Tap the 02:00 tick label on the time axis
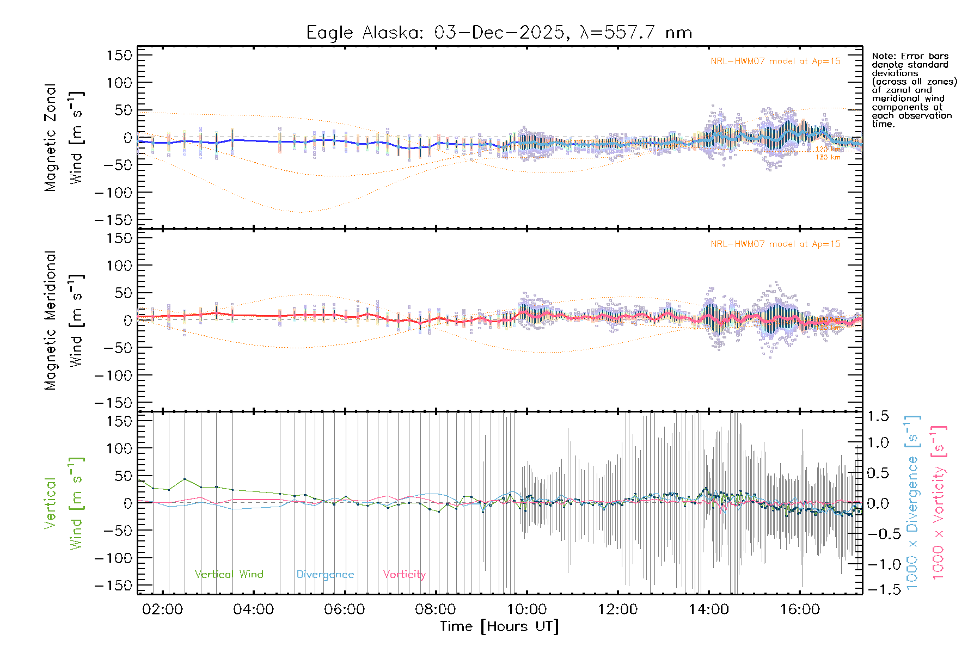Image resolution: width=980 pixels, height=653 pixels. point(162,609)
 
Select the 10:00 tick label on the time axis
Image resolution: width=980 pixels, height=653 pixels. point(526,609)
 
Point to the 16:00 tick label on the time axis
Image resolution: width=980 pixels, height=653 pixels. point(800,609)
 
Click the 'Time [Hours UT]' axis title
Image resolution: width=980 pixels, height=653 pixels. point(499,626)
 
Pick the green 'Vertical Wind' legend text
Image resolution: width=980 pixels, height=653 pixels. point(229,574)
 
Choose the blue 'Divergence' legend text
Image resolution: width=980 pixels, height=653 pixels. point(325,574)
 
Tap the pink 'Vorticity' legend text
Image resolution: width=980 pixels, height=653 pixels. point(404,574)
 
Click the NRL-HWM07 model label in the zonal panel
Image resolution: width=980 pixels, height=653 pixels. point(775,61)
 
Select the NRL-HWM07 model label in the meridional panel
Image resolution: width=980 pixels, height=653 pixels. point(775,244)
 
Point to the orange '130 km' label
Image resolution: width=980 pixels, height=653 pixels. point(828,157)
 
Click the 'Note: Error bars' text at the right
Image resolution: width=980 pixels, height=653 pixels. point(910,56)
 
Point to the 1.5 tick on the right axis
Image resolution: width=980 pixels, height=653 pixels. point(878,416)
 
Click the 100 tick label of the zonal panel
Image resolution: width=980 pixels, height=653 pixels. point(120,83)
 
